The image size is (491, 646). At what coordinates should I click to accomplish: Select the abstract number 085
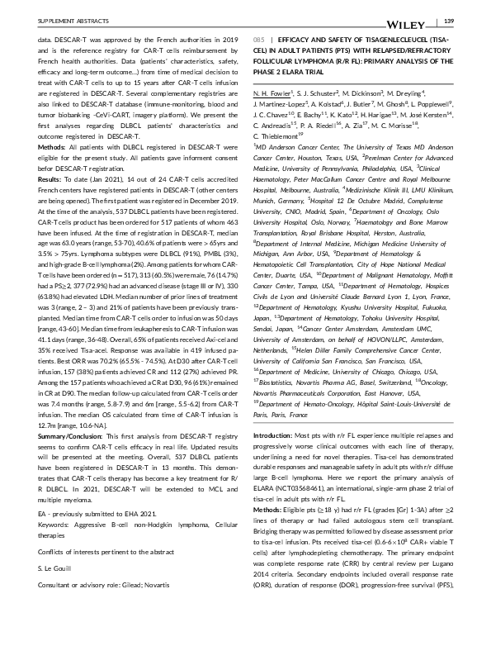click(257, 39)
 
